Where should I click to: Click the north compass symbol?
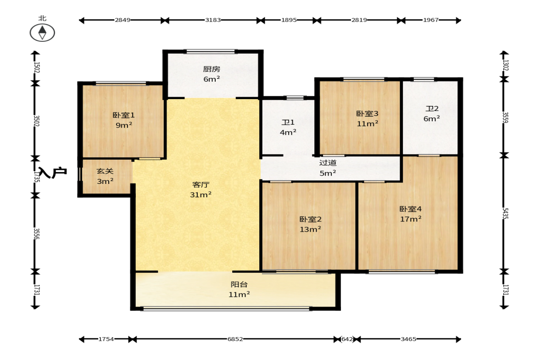point(42,33)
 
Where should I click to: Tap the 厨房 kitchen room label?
point(212,69)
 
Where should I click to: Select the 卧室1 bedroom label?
point(123,115)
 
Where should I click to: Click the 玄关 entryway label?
point(105,171)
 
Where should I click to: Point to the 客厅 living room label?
point(201,185)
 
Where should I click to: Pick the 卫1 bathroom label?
point(288,122)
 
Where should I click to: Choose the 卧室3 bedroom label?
point(367,114)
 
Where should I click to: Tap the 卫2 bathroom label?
point(432,109)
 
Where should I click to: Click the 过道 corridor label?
point(328,163)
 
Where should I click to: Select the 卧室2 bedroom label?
point(311,219)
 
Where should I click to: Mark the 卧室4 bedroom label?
point(411,209)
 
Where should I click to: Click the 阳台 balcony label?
point(239,285)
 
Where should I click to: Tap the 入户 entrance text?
point(53,172)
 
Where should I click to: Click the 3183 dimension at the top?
point(213,20)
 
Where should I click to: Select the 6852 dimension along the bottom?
point(235,339)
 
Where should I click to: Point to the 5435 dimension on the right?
point(505,213)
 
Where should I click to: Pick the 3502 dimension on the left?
point(36,121)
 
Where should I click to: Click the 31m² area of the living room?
point(201,195)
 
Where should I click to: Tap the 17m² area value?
point(411,219)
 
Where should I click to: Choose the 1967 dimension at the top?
point(431,20)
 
